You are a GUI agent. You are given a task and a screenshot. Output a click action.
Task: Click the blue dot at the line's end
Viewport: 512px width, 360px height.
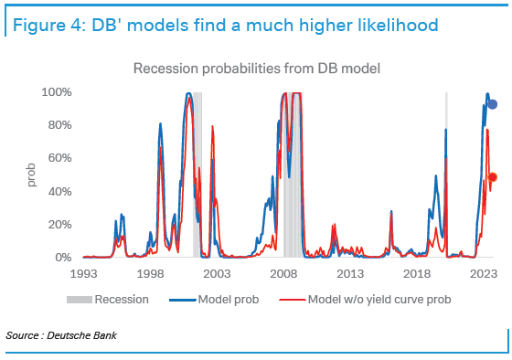click(493, 104)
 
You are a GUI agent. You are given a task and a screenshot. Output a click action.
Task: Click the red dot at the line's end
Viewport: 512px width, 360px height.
click(493, 177)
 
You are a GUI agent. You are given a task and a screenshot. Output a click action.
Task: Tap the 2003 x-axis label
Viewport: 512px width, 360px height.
click(216, 273)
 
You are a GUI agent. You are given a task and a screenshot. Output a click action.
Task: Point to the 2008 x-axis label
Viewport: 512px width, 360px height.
click(283, 273)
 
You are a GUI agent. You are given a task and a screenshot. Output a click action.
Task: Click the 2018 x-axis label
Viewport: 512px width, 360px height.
click(416, 273)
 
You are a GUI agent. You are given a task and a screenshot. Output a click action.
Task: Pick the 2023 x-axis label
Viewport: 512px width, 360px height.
click(483, 273)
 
